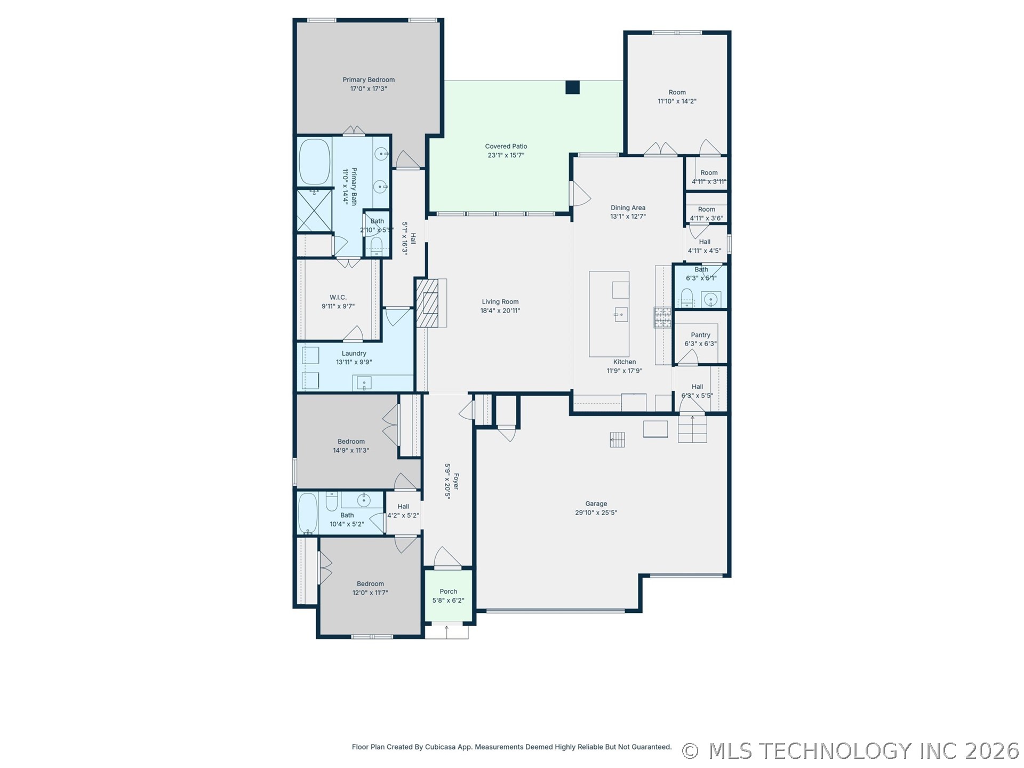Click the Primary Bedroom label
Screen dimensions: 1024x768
(x=369, y=80)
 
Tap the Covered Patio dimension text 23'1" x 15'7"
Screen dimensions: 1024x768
(x=506, y=156)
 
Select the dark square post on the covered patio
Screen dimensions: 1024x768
(x=572, y=87)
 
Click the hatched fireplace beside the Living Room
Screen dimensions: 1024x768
(x=427, y=303)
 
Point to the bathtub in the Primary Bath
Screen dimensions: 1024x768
(x=315, y=162)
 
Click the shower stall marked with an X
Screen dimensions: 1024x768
(x=314, y=210)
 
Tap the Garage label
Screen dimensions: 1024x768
(x=596, y=504)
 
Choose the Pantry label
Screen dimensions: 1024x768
(x=701, y=335)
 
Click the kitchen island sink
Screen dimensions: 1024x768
(x=621, y=315)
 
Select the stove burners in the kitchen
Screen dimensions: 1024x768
(x=663, y=317)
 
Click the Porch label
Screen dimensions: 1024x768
(x=449, y=591)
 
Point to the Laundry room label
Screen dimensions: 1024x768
(x=354, y=354)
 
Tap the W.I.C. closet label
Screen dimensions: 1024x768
(x=338, y=298)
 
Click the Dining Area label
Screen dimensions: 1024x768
(x=628, y=208)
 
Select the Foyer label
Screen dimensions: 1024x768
(x=455, y=482)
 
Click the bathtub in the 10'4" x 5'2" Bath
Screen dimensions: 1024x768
(x=308, y=513)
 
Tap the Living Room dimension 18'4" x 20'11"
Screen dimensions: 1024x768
(x=500, y=311)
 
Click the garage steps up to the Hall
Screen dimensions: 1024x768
(x=692, y=429)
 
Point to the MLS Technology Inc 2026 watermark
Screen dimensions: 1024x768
(x=851, y=751)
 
